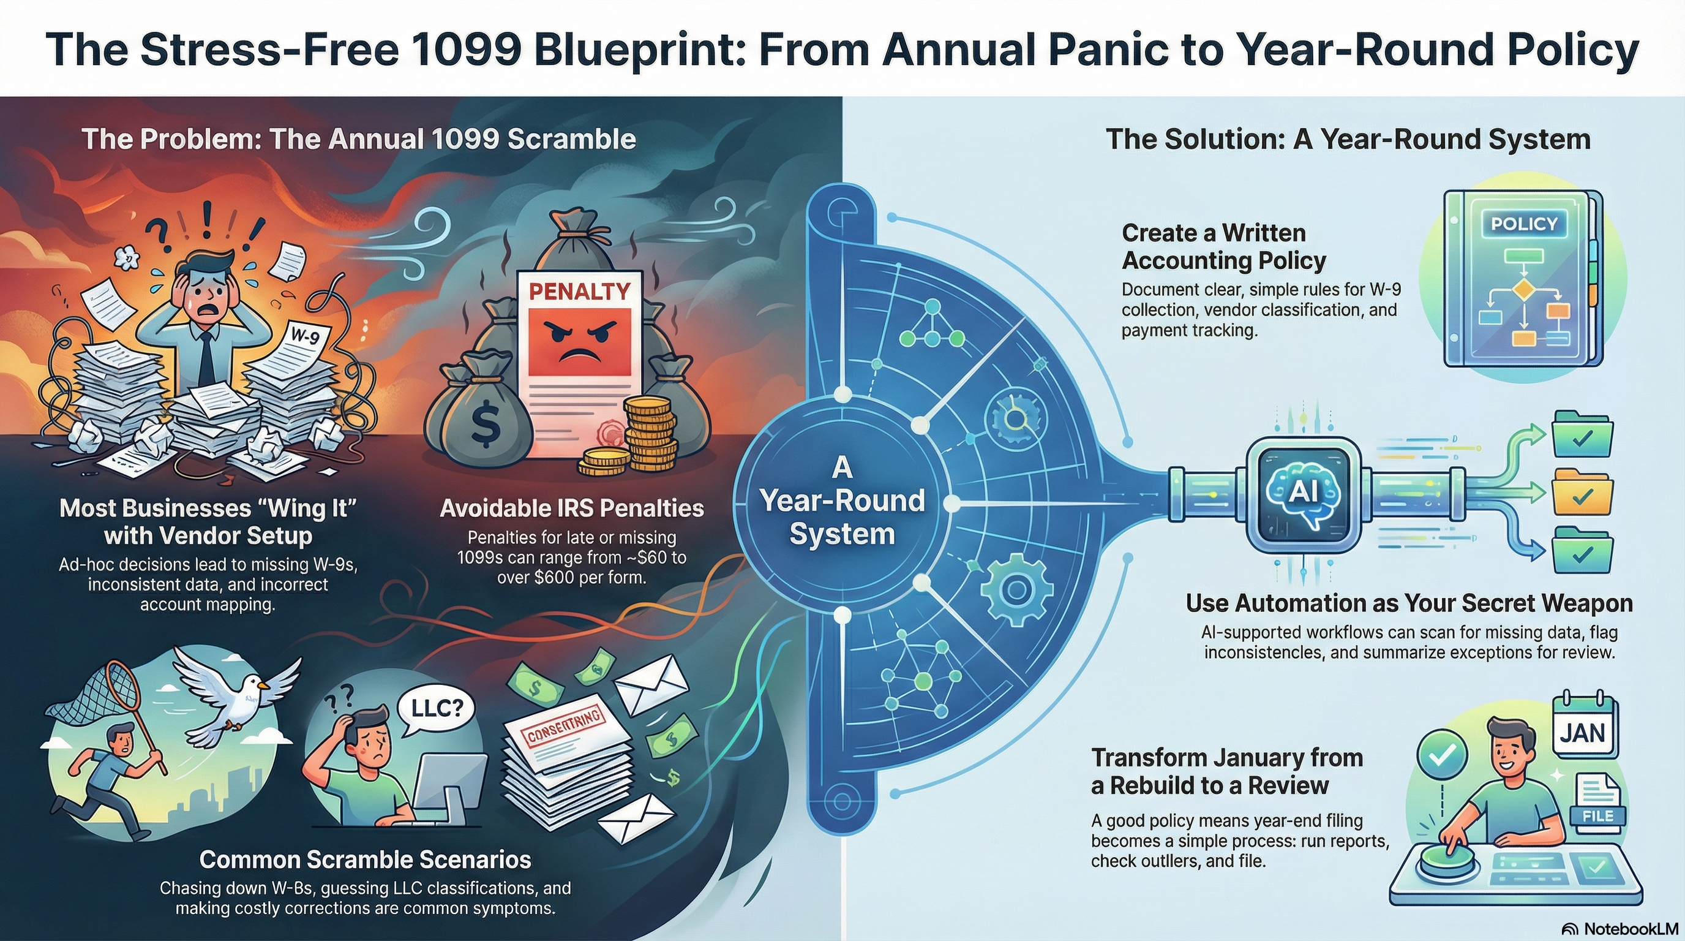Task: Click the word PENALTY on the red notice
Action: (x=579, y=291)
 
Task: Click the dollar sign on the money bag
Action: (x=486, y=424)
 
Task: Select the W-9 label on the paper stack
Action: (x=305, y=336)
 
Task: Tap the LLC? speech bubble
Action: (x=437, y=708)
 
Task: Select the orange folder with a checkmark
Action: (x=1582, y=491)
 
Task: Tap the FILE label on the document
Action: (x=1597, y=815)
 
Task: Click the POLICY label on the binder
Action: (x=1523, y=224)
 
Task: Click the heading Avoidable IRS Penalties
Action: (x=572, y=508)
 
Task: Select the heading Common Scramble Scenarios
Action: (x=365, y=859)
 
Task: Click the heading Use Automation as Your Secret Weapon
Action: (x=1409, y=603)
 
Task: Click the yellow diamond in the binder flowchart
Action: (x=1523, y=289)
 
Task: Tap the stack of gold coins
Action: (x=649, y=435)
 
